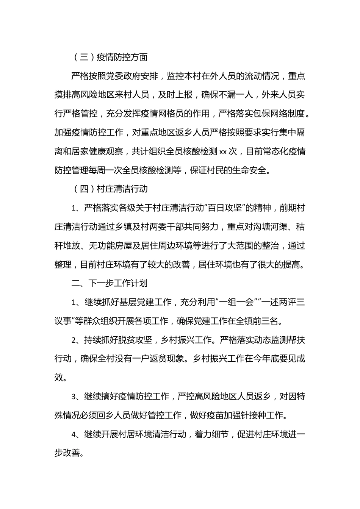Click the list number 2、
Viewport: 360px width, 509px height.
click(x=76, y=340)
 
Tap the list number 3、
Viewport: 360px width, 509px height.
click(x=76, y=397)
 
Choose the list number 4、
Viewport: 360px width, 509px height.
click(x=76, y=434)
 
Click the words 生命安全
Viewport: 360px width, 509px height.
click(x=254, y=171)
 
